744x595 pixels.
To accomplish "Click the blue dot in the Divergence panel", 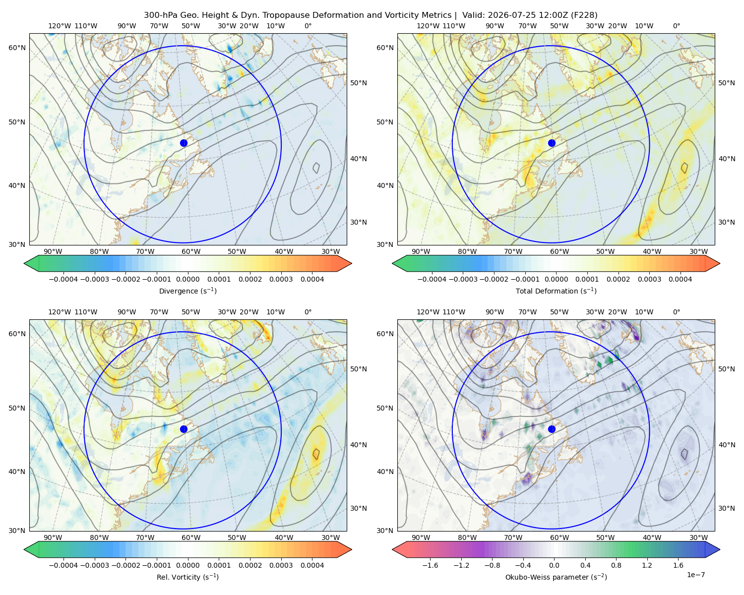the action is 184,143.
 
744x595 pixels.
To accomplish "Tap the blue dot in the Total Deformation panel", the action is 552,143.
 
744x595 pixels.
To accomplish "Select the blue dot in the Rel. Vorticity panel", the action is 184,429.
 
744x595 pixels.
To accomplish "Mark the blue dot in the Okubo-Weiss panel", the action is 552,429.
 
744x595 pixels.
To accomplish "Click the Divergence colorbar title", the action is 187,291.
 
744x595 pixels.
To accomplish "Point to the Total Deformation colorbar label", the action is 556,291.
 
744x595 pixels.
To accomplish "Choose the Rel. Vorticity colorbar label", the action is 187,577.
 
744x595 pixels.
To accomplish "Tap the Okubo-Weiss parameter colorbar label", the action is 556,577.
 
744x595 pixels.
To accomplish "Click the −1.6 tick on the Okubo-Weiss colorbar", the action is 430,565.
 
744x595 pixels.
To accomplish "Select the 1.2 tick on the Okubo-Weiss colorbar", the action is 647,565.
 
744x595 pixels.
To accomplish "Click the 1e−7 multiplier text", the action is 695,575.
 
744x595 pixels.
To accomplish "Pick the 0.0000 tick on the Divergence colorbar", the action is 187,279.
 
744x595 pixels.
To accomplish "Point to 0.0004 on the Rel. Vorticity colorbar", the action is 312,565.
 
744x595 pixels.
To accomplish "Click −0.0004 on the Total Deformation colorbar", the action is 432,279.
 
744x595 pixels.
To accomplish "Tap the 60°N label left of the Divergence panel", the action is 17,48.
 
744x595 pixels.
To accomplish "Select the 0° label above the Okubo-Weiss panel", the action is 677,312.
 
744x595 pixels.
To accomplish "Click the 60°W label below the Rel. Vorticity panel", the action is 191,537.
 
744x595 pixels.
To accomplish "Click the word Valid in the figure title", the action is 471,15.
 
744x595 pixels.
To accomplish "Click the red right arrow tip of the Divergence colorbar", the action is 351,263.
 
